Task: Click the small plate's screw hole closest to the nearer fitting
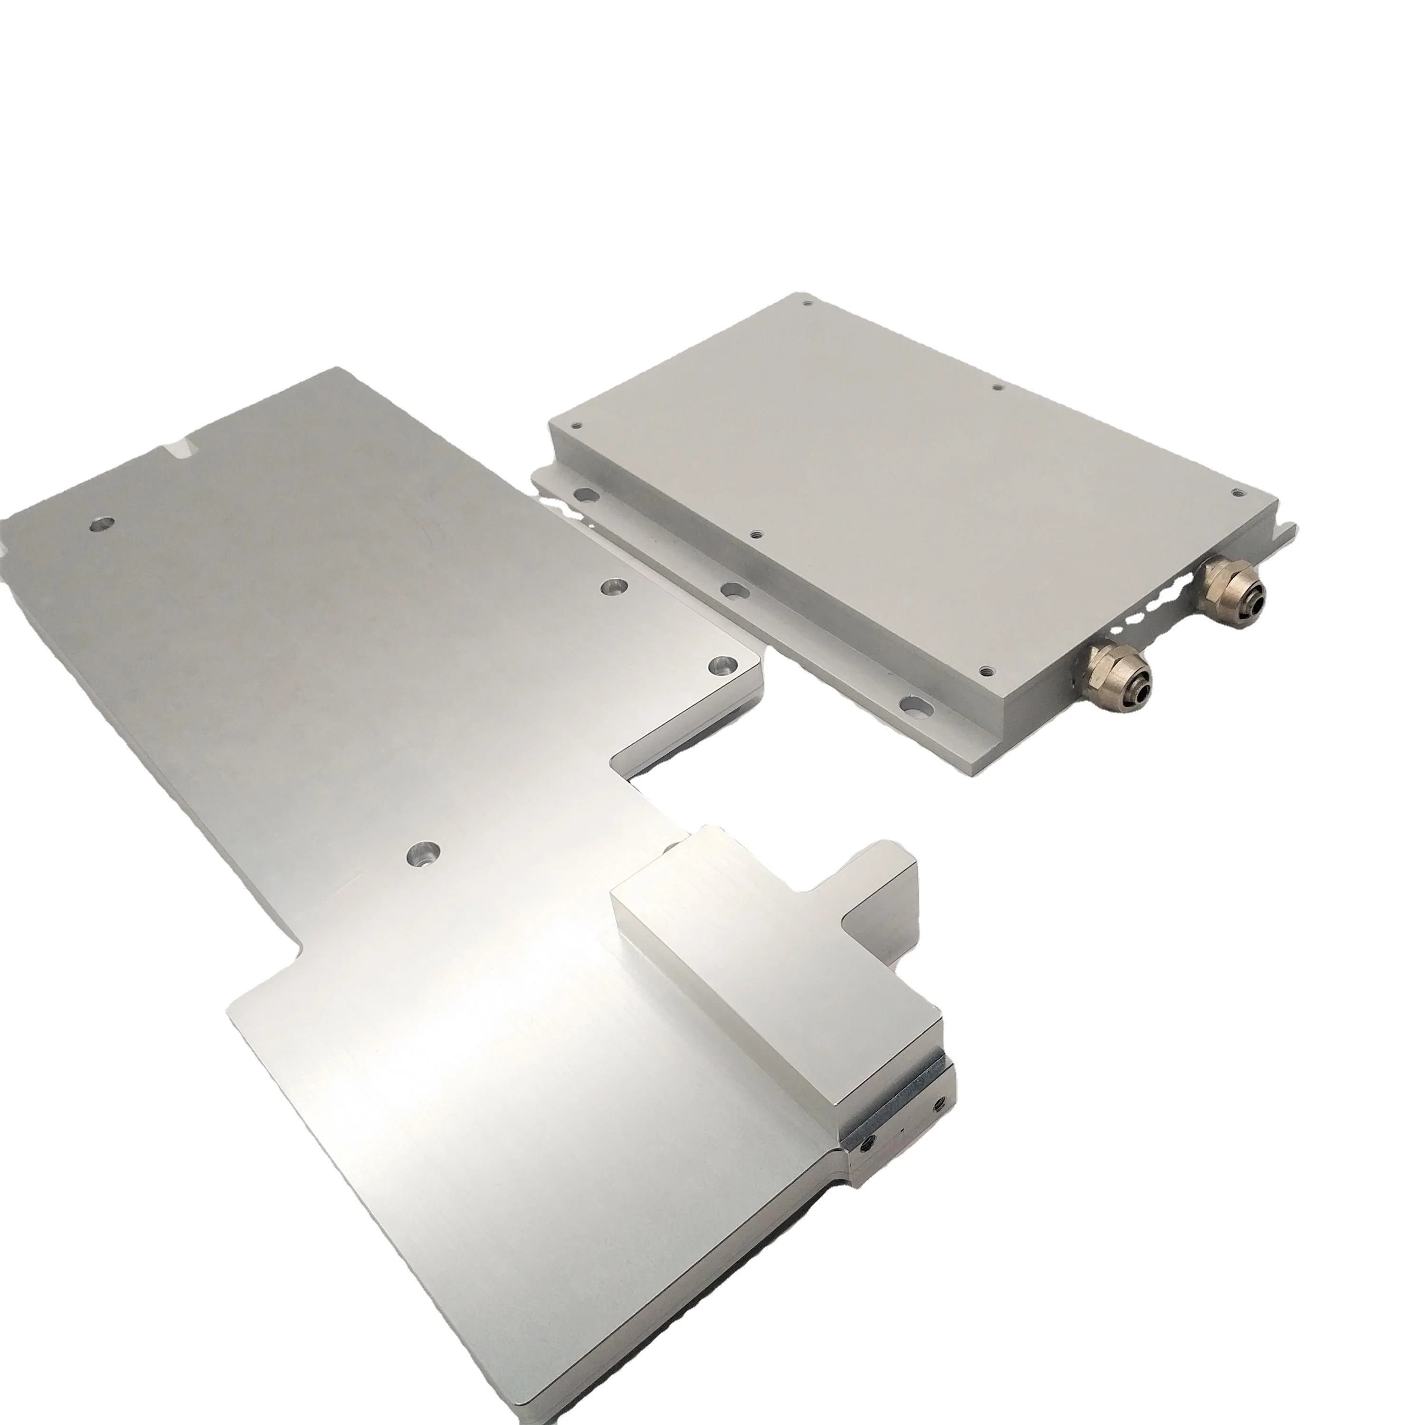986,650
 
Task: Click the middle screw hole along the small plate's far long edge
997,387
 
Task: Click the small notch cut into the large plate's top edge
182,448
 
